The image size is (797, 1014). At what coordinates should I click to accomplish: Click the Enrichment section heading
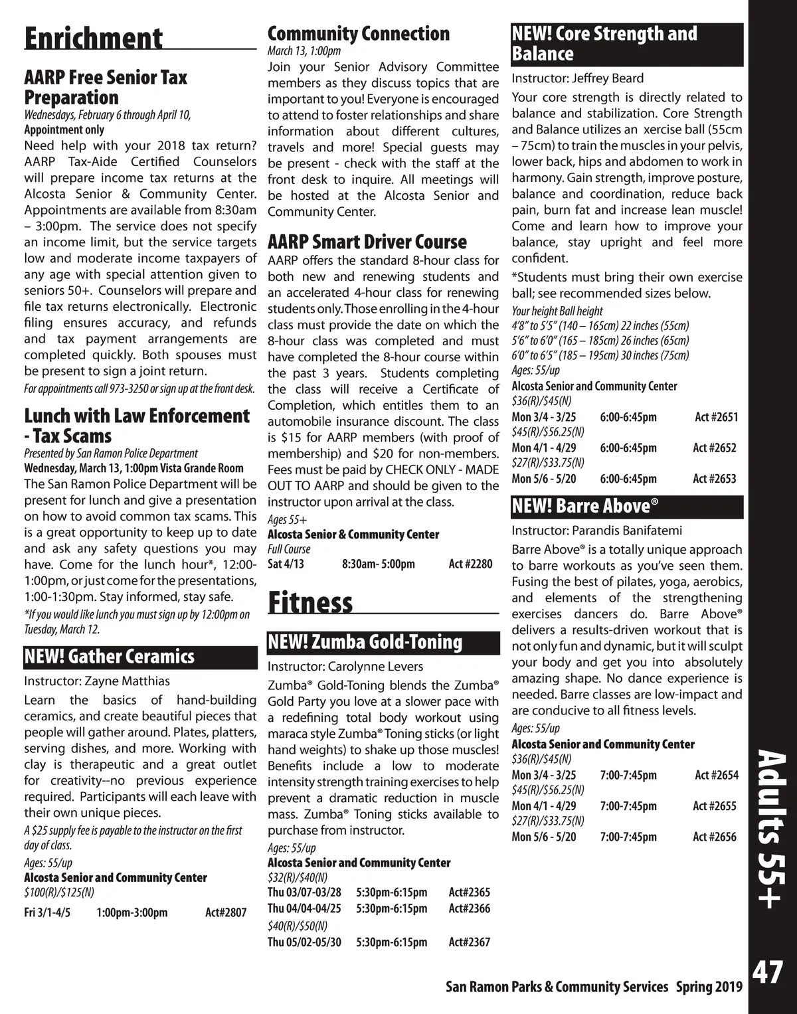click(93, 38)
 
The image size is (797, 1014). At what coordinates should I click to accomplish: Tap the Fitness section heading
click(310, 602)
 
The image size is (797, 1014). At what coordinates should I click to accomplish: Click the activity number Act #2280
click(470, 564)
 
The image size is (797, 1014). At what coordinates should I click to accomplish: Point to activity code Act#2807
click(226, 912)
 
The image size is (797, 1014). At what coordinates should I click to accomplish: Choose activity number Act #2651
click(716, 417)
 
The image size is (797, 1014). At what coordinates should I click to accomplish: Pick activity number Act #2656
click(714, 837)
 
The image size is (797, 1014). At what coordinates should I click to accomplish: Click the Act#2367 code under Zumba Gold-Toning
click(469, 942)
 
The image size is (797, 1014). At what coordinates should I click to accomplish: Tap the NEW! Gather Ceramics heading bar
click(140, 656)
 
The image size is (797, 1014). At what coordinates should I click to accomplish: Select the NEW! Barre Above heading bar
click(626, 506)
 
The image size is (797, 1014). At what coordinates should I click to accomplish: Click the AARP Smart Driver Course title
click(367, 241)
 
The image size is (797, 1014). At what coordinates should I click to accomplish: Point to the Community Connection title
click(358, 33)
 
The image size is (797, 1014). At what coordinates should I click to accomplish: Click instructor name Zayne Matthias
click(127, 681)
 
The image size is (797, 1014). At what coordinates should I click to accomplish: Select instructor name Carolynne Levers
click(375, 666)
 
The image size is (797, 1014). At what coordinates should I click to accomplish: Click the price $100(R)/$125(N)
click(59, 892)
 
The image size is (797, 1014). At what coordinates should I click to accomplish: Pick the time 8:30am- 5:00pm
click(378, 564)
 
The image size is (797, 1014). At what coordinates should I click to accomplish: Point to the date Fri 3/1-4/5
click(47, 912)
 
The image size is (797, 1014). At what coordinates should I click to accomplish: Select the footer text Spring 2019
click(709, 987)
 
